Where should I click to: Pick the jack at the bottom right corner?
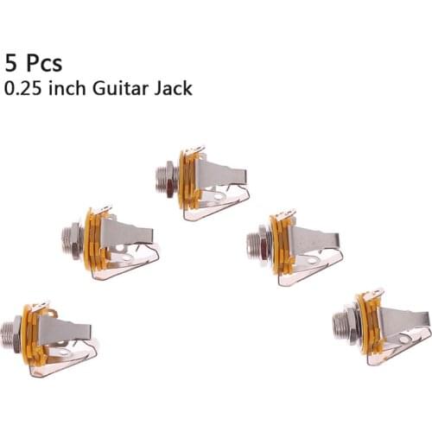click(381, 326)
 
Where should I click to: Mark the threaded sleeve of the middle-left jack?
click(72, 237)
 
